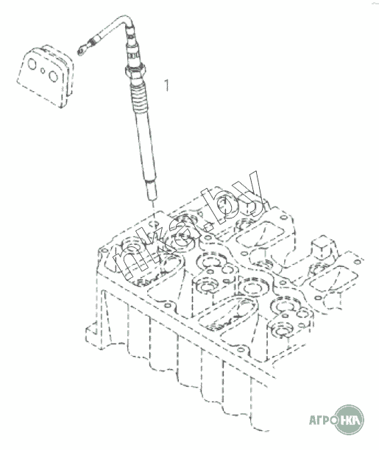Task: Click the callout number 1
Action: pos(166,85)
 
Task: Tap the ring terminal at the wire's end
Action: pos(82,51)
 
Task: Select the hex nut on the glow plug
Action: pos(135,71)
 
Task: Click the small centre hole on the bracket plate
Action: pos(43,71)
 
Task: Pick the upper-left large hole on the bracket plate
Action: pos(32,64)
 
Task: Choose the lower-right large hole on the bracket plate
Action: pos(54,76)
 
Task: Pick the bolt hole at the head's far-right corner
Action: pos(357,262)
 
